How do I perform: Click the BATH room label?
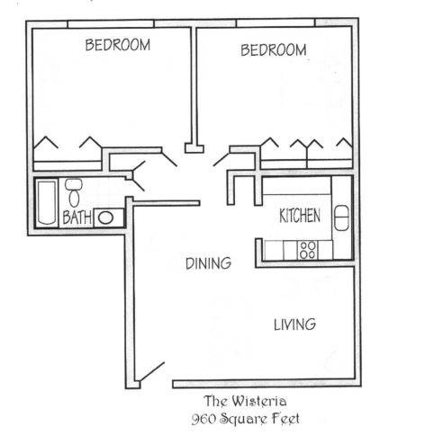pyautogui.click(x=77, y=217)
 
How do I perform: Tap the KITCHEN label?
pyautogui.click(x=300, y=216)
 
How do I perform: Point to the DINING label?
pyautogui.click(x=208, y=263)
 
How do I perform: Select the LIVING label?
pyautogui.click(x=294, y=324)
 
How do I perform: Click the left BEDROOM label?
pyautogui.click(x=118, y=45)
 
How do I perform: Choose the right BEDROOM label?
pyautogui.click(x=274, y=49)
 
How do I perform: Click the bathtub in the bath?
pyautogui.click(x=47, y=202)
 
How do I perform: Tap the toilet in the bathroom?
pyautogui.click(x=74, y=193)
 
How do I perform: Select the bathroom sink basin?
pyautogui.click(x=105, y=218)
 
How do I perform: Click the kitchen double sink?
pyautogui.click(x=341, y=218)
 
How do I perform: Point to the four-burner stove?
pyautogui.click(x=308, y=250)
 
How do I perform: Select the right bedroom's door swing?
pyautogui.click(x=221, y=160)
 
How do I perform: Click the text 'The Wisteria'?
pyautogui.click(x=245, y=401)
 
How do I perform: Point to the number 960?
pyautogui.click(x=203, y=419)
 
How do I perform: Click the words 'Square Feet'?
pyautogui.click(x=260, y=419)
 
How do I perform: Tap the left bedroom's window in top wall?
pyautogui.click(x=111, y=24)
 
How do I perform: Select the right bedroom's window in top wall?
pyautogui.click(x=276, y=22)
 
